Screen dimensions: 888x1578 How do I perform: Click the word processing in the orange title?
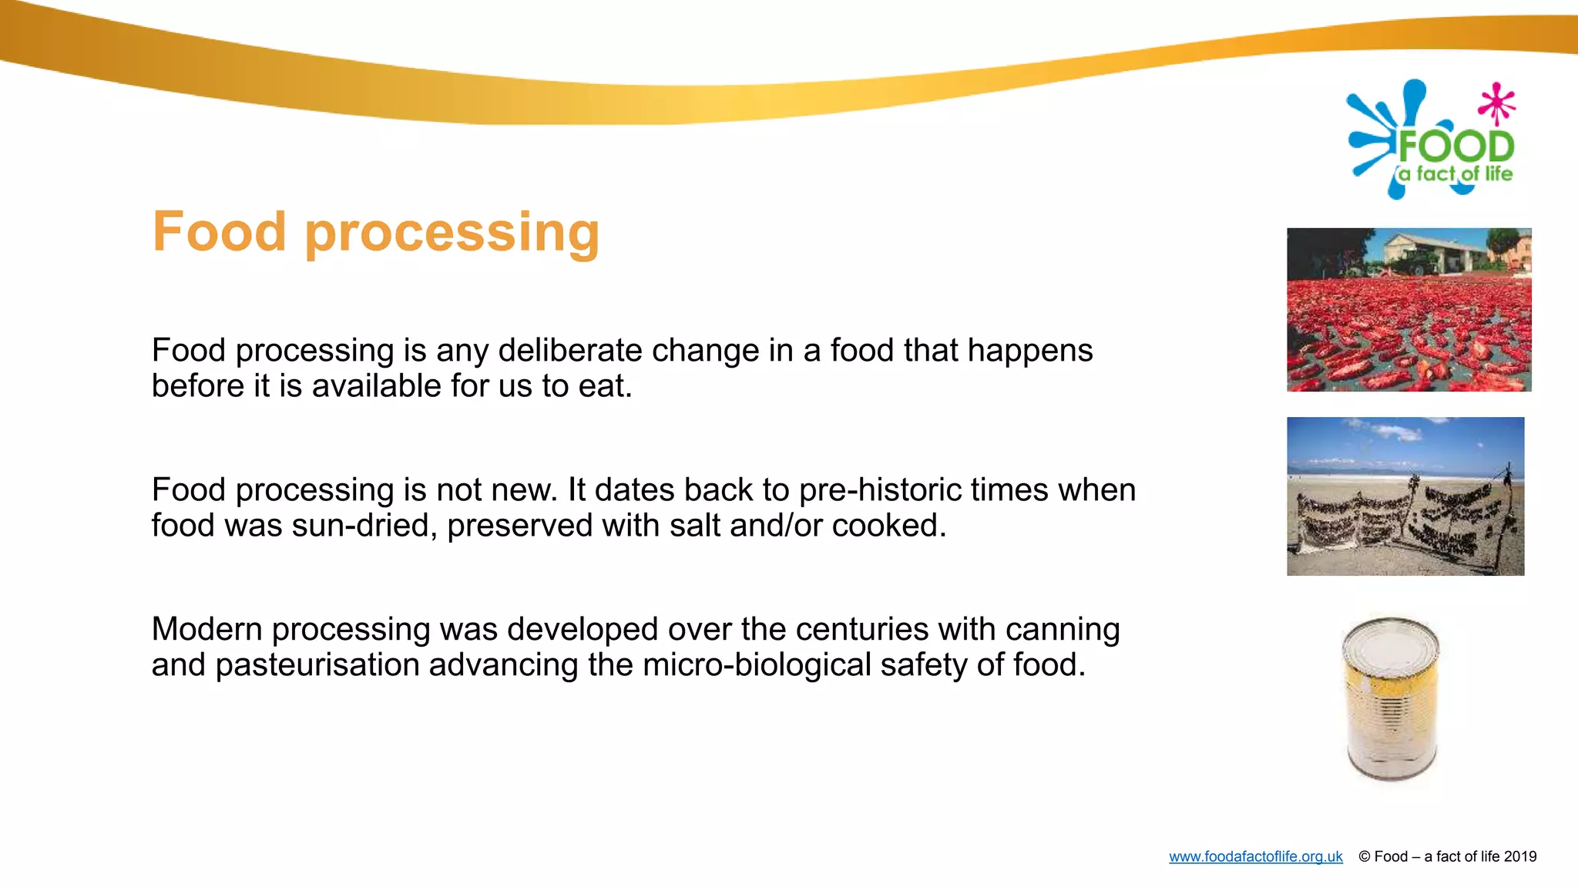click(452, 234)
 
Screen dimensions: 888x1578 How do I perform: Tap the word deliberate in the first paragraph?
click(569, 351)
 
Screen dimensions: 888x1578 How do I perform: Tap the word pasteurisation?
click(317, 665)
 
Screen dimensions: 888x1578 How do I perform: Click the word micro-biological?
click(757, 665)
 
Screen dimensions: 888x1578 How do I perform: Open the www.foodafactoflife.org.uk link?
click(1255, 856)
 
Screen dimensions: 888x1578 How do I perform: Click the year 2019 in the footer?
click(1519, 856)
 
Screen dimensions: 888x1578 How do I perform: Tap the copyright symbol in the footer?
click(1364, 856)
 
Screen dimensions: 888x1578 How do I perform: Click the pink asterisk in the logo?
click(1496, 103)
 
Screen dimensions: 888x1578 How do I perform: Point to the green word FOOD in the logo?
click(1455, 146)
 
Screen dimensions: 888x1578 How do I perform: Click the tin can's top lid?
click(1390, 644)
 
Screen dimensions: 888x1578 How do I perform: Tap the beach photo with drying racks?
click(1405, 496)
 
